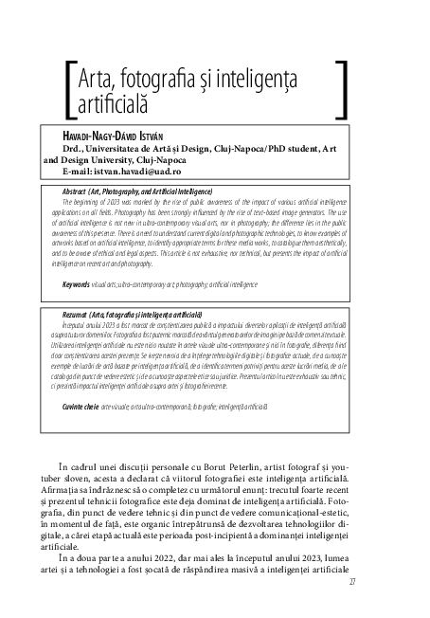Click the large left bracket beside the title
coord(68,88)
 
